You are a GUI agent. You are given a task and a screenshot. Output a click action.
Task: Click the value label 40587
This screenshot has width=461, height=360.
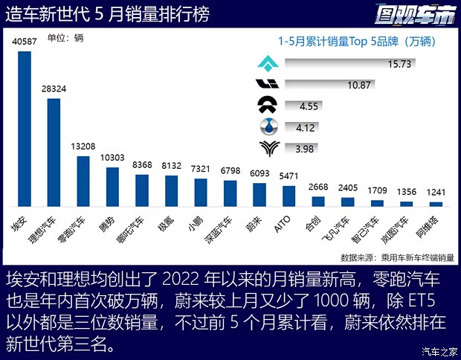[x=25, y=43]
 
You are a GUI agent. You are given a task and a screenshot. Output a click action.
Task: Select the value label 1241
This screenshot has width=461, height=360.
[x=436, y=193]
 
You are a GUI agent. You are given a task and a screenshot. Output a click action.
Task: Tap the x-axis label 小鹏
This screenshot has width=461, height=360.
[x=199, y=222]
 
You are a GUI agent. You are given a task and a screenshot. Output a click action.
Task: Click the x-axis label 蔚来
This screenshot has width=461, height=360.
[x=257, y=222]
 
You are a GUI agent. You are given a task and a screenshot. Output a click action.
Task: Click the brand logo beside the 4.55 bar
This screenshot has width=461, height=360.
[x=265, y=106]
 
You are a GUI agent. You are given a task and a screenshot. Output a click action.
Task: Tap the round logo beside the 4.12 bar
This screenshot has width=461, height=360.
[x=265, y=126]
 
